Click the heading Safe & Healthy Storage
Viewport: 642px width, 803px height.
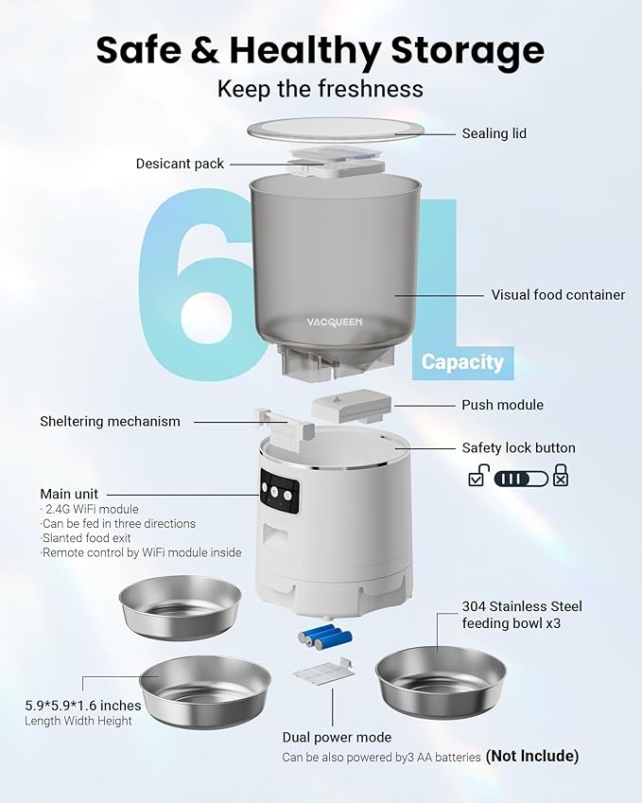point(320,49)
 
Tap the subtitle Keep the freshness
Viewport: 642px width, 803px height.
point(320,90)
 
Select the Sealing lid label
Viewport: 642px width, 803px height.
point(494,133)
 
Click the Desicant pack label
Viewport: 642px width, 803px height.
point(180,164)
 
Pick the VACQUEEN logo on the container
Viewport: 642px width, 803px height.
point(334,322)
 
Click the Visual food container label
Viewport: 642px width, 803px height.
point(558,295)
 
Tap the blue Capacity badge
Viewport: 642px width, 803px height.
point(462,361)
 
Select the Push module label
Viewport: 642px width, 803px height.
point(502,405)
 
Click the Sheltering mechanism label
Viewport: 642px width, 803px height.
point(110,421)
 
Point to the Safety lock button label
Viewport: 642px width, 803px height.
point(518,448)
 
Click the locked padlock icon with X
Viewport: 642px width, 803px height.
point(561,476)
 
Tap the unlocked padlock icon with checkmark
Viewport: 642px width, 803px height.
point(478,476)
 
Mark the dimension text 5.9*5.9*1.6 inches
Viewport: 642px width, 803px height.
point(83,706)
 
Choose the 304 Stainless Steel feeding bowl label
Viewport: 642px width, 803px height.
point(522,614)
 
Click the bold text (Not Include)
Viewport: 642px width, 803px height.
point(531,756)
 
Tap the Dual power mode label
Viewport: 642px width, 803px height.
point(337,737)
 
